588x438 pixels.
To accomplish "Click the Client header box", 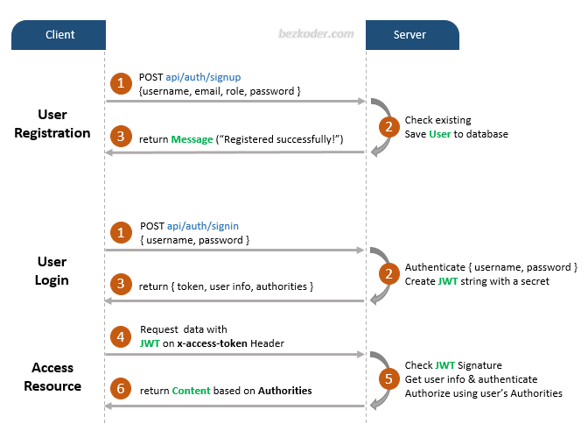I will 59,35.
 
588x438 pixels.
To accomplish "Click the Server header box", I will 410,35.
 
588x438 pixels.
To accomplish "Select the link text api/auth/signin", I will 203,226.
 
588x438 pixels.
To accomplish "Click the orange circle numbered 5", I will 386,379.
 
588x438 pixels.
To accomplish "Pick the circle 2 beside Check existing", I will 386,126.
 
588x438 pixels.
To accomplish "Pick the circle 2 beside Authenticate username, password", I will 386,273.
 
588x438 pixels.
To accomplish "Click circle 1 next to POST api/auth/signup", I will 120,83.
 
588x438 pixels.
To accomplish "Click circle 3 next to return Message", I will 120,138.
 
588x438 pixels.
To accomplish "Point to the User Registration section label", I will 52,124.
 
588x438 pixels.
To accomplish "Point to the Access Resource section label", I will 52,377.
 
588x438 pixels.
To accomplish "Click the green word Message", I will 192,139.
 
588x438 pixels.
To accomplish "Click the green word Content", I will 191,391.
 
